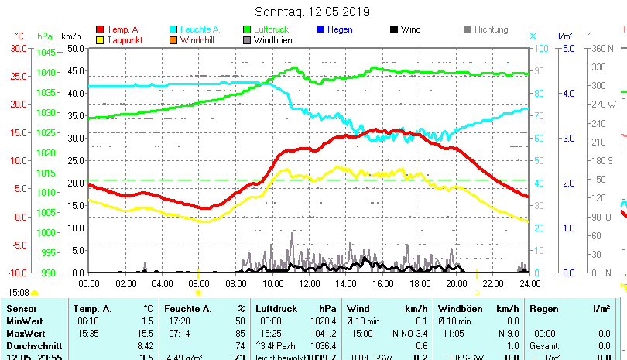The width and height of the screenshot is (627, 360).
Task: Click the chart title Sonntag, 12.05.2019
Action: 312,12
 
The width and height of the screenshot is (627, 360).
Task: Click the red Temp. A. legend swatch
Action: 100,29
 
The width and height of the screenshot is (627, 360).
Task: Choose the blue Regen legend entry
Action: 339,29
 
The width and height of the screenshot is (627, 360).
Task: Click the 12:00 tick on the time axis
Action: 309,283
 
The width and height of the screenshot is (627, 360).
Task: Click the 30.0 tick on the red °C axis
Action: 19,48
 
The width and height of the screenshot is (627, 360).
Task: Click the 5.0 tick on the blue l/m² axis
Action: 568,48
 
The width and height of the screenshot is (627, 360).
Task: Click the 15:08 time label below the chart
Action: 19,293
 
